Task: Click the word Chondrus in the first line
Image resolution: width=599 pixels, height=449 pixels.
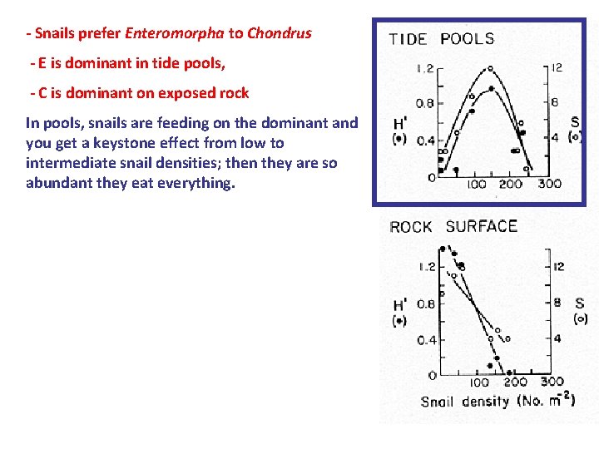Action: click(x=280, y=34)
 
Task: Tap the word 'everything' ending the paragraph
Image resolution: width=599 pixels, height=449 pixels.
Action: click(x=199, y=183)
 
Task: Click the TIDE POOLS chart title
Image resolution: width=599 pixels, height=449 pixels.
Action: click(x=441, y=39)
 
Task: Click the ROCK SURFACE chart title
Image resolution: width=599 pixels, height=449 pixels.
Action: click(x=453, y=226)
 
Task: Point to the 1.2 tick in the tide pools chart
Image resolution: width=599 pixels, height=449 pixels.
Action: click(x=425, y=68)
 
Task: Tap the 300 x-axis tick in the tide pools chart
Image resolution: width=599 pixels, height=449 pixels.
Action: click(x=549, y=184)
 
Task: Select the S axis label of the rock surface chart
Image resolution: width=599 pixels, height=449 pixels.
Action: click(x=580, y=303)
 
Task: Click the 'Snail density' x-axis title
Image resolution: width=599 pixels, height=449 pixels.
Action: click(x=464, y=402)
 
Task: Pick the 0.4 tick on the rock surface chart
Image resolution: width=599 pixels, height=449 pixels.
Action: click(x=426, y=340)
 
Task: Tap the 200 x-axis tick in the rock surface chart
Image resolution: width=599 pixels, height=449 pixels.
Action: click(x=515, y=382)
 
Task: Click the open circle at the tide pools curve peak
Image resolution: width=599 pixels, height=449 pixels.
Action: click(x=490, y=68)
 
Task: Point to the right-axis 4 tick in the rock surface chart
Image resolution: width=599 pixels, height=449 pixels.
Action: click(x=557, y=338)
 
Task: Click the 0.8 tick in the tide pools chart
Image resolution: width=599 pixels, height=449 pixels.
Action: click(x=425, y=104)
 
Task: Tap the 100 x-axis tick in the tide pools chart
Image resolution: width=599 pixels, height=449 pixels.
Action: click(x=477, y=184)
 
